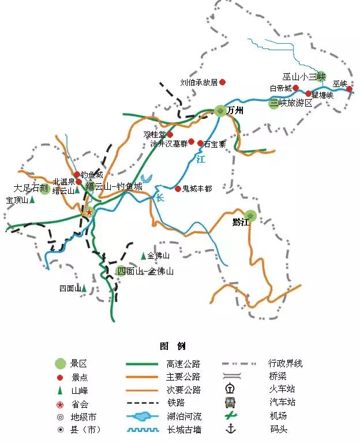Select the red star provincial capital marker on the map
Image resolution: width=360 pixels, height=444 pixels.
click(x=89, y=212)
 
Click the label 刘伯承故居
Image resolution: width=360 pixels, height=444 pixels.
click(x=198, y=82)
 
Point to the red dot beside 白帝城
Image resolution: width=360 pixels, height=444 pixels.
click(x=296, y=88)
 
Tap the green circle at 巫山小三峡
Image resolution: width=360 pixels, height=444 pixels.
click(x=321, y=76)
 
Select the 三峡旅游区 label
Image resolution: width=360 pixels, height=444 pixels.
click(x=291, y=103)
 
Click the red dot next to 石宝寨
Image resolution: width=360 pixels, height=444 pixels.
click(x=200, y=143)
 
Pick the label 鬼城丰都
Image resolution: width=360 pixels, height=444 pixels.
click(x=197, y=189)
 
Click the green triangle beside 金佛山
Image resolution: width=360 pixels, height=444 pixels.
click(x=143, y=255)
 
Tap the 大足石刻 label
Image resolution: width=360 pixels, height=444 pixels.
click(x=27, y=188)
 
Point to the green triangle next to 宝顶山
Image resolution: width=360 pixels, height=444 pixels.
click(x=32, y=200)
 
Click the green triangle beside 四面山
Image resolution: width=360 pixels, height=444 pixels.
click(x=84, y=288)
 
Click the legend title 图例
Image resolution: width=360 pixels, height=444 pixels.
click(x=172, y=346)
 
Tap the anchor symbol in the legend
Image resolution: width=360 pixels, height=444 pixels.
click(x=231, y=428)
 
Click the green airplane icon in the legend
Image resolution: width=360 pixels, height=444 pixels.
click(x=231, y=415)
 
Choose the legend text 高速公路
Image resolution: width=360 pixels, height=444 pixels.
click(x=183, y=364)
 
